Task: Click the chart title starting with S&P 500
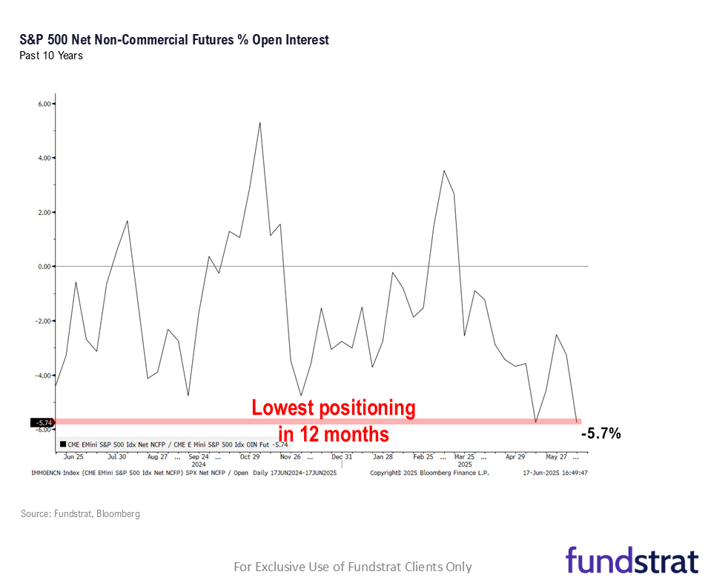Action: (174, 40)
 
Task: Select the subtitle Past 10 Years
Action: (51, 56)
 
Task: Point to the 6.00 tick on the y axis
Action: (43, 104)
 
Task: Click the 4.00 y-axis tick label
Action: (43, 159)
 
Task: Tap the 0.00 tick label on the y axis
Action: (43, 267)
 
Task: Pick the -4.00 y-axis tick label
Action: (42, 376)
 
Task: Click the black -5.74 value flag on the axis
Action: (41, 422)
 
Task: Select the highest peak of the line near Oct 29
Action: (259, 122)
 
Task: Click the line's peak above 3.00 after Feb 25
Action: (444, 171)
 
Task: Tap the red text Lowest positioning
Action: (334, 408)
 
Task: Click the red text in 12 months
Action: (334, 433)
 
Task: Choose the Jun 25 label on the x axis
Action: (73, 457)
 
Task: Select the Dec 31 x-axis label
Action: (342, 457)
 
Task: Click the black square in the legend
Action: (62, 444)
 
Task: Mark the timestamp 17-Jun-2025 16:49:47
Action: (555, 472)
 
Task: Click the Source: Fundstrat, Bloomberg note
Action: (80, 513)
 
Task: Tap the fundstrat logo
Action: (632, 561)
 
